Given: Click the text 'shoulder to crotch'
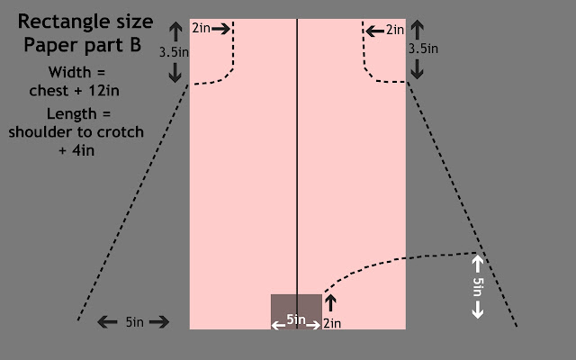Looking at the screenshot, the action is click(76, 132).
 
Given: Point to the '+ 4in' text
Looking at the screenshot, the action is click(76, 150).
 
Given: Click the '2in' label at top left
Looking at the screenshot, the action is click(201, 29).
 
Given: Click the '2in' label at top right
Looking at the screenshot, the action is click(395, 30).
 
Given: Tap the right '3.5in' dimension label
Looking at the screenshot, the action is click(423, 49).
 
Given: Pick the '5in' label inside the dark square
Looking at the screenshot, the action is click(295, 319).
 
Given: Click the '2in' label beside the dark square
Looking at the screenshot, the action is click(332, 323).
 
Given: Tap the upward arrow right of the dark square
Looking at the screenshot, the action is click(330, 303).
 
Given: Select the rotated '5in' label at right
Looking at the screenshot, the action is click(478, 286).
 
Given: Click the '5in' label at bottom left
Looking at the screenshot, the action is click(133, 322).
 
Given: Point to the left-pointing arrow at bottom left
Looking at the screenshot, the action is click(108, 322).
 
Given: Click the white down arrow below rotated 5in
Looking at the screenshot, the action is click(478, 310).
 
